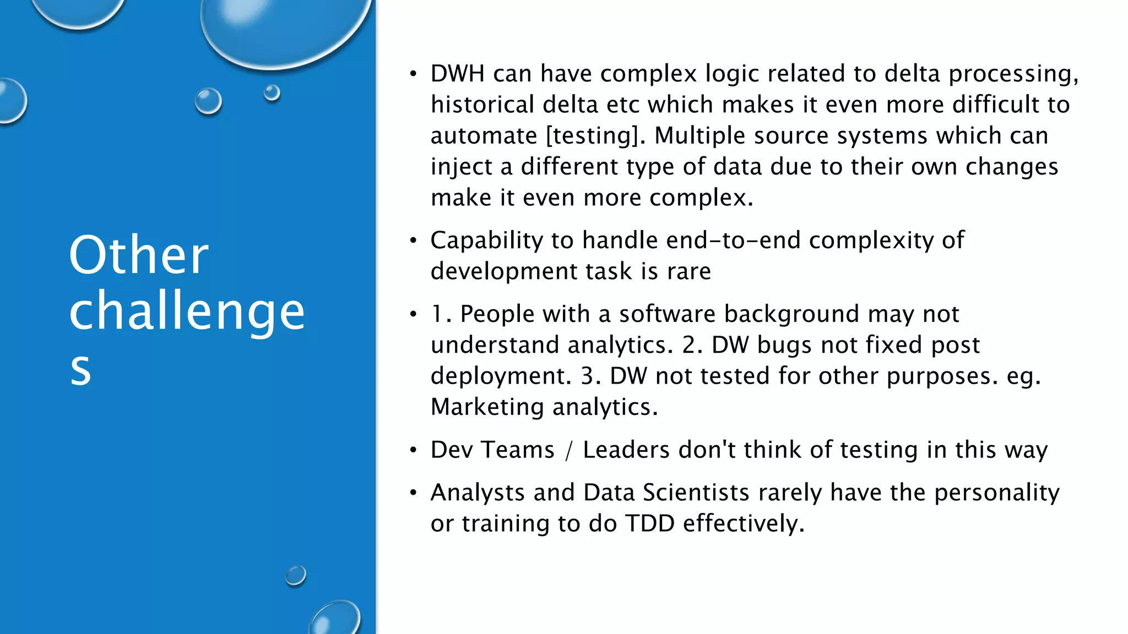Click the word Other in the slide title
click(139, 255)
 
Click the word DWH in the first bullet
click(457, 74)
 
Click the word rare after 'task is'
click(688, 271)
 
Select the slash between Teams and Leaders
click(568, 450)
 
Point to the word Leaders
click(626, 450)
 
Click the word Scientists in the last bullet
click(696, 493)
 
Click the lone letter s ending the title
click(80, 369)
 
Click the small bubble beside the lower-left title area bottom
click(296, 576)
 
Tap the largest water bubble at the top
click(284, 28)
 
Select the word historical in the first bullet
click(482, 105)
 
